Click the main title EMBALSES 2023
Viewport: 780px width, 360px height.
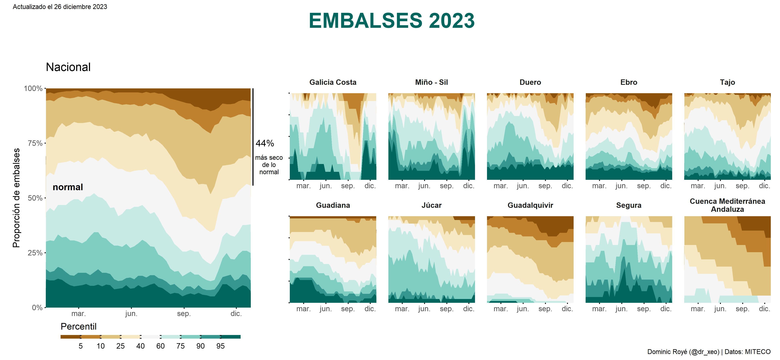coord(392,21)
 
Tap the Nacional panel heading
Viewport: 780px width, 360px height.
coord(68,67)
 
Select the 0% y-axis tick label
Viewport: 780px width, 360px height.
coord(37,308)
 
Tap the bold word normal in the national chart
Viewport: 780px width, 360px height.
coord(68,187)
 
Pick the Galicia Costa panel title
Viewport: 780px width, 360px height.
coord(333,82)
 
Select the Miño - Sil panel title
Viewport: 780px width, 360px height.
coord(431,82)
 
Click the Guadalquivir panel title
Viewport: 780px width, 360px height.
coord(530,205)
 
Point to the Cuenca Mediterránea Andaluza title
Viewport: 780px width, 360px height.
coord(727,205)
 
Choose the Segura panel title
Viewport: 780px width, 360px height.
coord(629,205)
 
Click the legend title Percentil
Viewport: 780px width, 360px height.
coord(78,326)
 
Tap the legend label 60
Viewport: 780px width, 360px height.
coord(160,346)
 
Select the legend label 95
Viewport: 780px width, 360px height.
coord(220,346)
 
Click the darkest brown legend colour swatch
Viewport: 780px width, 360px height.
coord(70,337)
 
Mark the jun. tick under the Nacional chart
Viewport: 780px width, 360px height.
coord(131,314)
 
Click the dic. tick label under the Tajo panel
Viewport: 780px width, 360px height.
coord(764,186)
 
